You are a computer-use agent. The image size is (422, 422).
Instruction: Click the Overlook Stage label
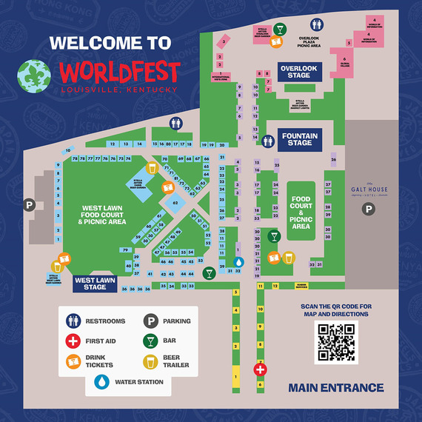point(298,72)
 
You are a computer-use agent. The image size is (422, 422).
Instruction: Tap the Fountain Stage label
point(299,138)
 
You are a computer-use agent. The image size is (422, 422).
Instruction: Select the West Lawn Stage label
point(96,284)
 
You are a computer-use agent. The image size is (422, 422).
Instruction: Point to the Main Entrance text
point(336,388)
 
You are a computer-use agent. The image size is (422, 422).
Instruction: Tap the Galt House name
point(369,190)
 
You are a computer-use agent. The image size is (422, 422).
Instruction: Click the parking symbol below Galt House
point(368,210)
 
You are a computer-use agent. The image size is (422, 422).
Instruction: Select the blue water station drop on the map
point(238,262)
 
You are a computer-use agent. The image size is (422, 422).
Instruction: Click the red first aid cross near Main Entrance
point(260,369)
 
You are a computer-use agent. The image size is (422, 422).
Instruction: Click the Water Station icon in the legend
point(101,382)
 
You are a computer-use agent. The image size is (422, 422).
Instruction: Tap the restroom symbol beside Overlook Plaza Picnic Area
point(317,25)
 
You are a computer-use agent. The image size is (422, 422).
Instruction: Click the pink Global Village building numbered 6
point(344,58)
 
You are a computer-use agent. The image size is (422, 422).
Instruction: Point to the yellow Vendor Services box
point(301,286)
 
